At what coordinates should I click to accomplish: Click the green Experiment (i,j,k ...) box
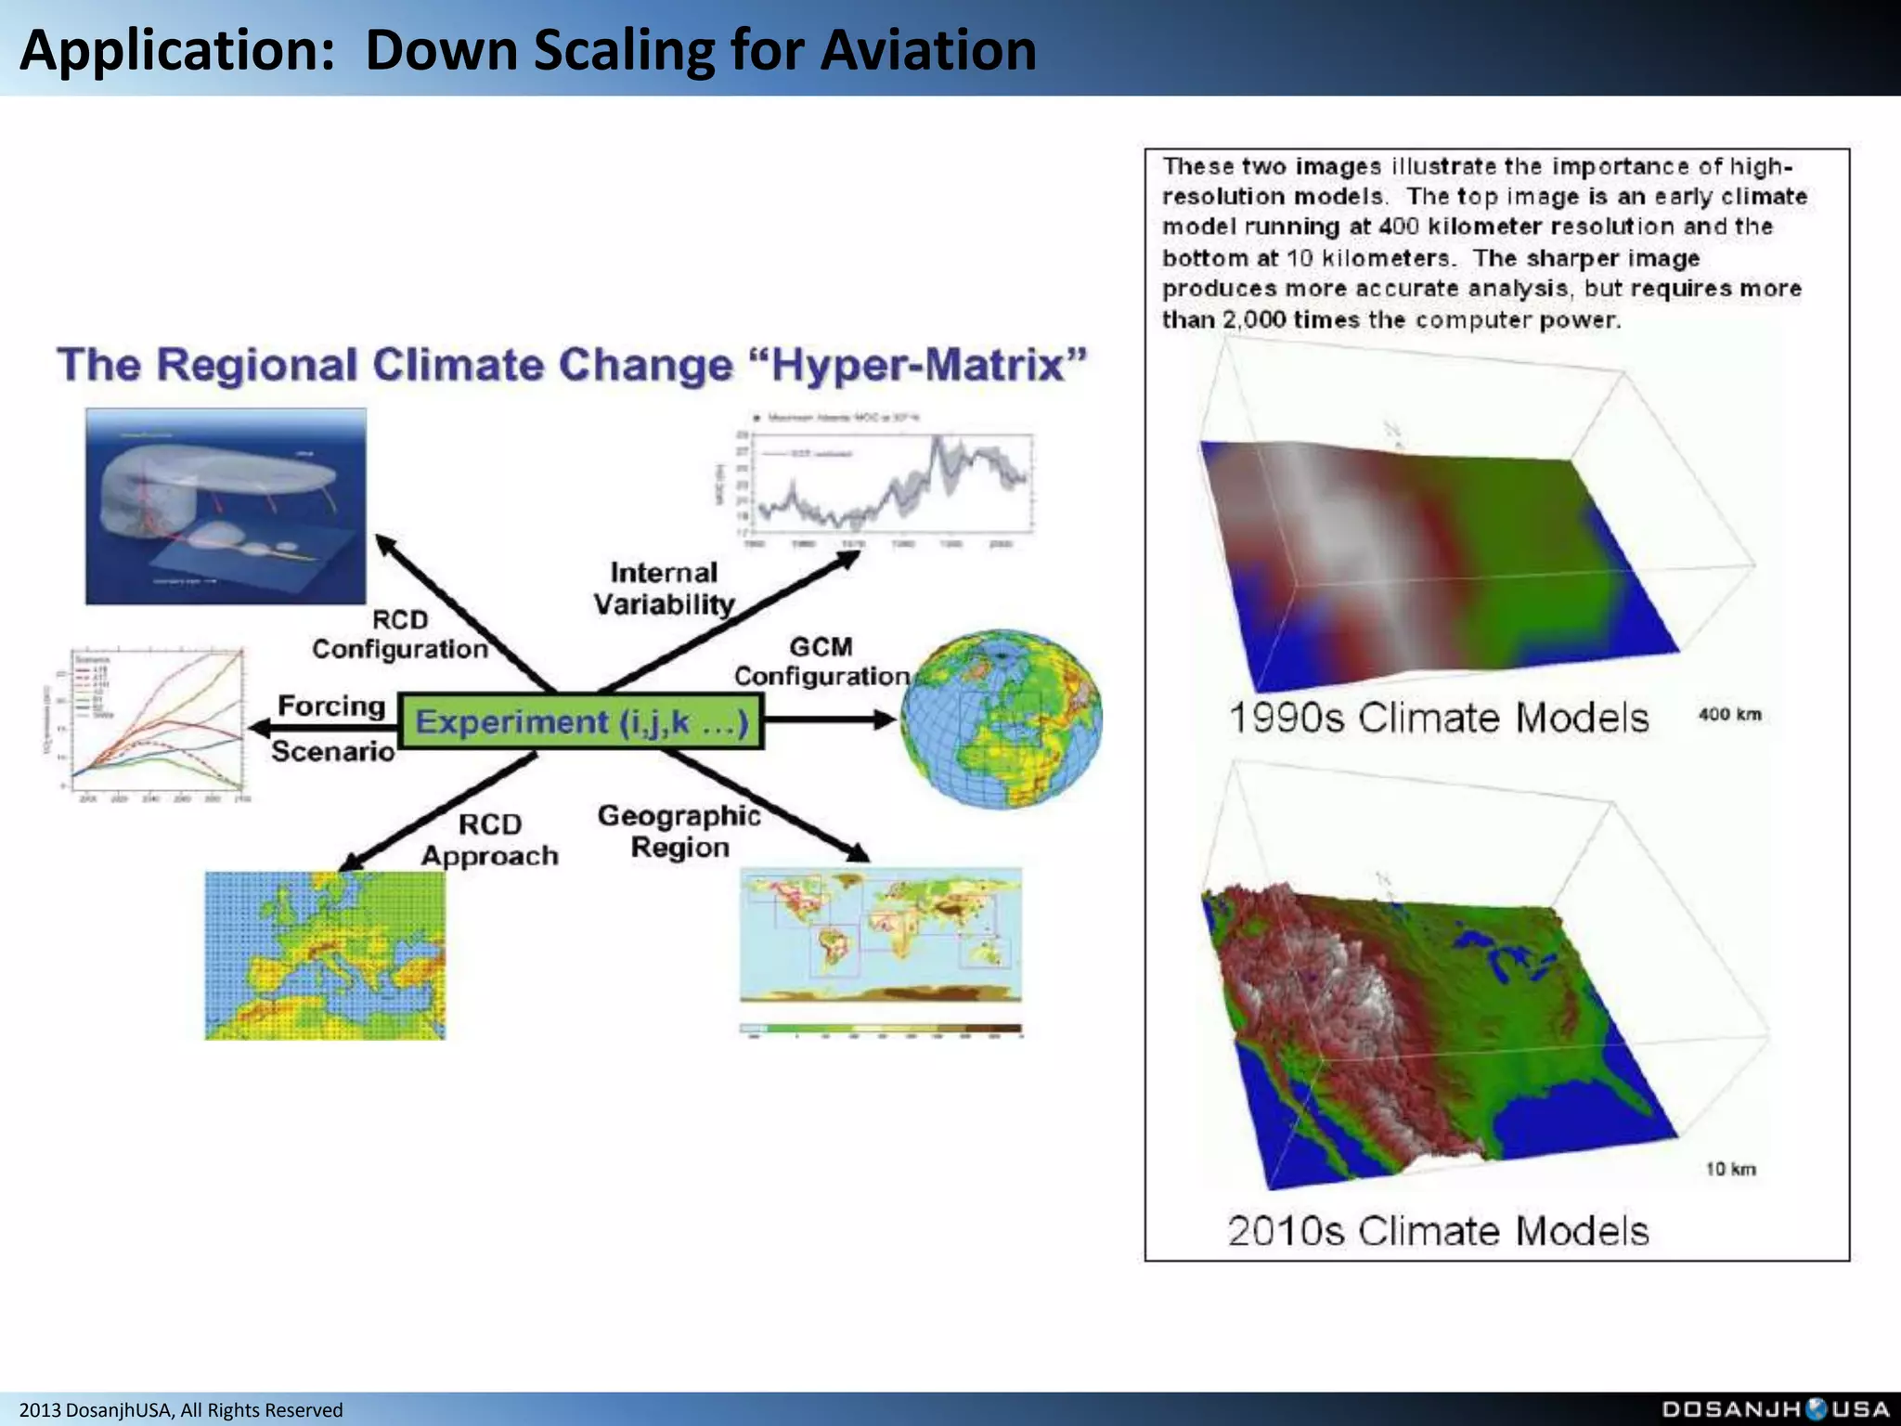coord(581,721)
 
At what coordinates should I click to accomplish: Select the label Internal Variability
coord(664,589)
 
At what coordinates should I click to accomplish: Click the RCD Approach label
coord(490,840)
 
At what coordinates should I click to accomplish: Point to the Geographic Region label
coord(679,832)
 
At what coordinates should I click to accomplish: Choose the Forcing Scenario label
coord(331,728)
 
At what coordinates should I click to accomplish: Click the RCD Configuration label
coord(400,635)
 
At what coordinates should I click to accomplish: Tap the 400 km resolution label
coord(1729,715)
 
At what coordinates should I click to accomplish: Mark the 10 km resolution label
coord(1730,1169)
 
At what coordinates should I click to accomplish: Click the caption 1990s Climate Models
coord(1438,719)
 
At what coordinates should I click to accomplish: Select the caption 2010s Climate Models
coord(1438,1231)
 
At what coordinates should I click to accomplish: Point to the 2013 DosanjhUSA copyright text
coord(181,1410)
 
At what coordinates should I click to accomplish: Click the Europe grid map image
coord(325,955)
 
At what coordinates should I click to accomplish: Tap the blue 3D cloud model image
coord(226,506)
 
